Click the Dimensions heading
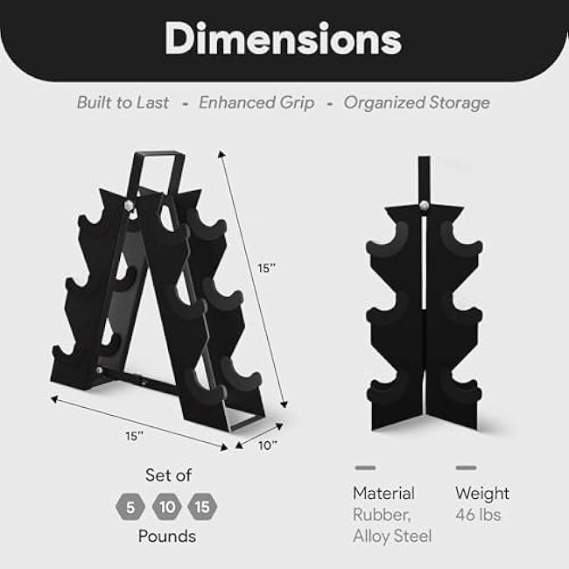click(x=284, y=39)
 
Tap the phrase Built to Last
click(x=123, y=102)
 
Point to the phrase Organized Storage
click(x=417, y=102)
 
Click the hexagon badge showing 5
click(x=129, y=506)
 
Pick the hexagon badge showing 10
click(x=166, y=506)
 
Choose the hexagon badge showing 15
click(x=202, y=506)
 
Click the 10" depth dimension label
click(x=269, y=445)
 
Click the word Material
click(x=383, y=494)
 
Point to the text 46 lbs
click(x=478, y=515)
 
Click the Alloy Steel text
click(x=392, y=536)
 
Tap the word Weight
click(x=482, y=494)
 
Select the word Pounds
click(x=166, y=536)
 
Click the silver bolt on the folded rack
click(x=425, y=205)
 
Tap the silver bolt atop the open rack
click(x=130, y=205)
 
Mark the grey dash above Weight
click(x=466, y=467)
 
